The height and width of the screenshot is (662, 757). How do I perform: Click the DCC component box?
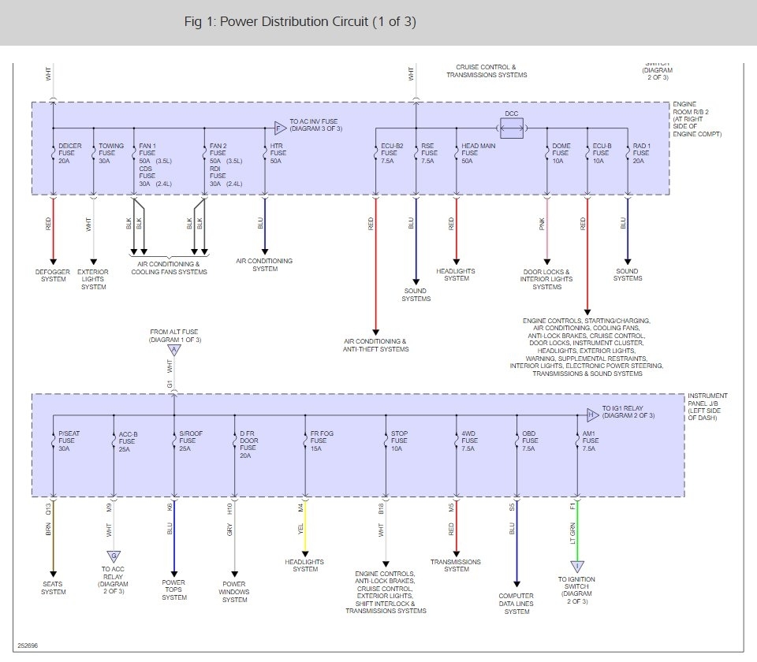[512, 127]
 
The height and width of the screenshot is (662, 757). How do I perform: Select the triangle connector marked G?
[114, 556]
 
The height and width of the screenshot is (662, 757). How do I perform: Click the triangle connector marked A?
[173, 349]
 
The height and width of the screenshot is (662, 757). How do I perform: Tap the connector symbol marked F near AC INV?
[279, 127]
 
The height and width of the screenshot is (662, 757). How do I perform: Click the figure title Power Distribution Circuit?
[300, 21]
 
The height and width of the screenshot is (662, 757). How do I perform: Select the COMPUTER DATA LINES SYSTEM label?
[516, 604]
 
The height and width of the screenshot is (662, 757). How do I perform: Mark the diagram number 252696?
[27, 645]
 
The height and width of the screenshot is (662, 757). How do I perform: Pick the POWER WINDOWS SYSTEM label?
[234, 592]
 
